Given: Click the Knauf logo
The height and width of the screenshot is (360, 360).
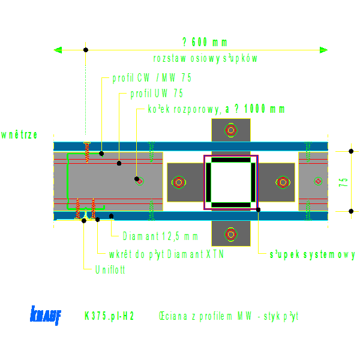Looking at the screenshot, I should click(x=45, y=315).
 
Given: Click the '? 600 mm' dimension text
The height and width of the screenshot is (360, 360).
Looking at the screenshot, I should click(x=205, y=42).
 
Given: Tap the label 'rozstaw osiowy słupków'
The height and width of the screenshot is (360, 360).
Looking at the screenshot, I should click(x=205, y=59).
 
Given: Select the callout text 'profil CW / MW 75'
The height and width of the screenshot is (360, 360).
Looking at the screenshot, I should click(x=152, y=78).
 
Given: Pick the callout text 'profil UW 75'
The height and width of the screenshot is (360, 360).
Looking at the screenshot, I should click(x=157, y=94).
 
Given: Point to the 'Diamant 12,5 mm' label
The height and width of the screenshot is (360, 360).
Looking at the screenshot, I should click(x=160, y=236).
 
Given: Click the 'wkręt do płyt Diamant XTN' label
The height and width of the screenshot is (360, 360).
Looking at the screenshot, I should click(x=166, y=254).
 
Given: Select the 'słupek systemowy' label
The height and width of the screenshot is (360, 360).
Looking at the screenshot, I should click(x=312, y=254).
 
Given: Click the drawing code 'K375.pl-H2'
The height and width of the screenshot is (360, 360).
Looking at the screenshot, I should click(x=109, y=316).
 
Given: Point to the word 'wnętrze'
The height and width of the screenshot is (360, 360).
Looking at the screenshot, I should click(x=20, y=134).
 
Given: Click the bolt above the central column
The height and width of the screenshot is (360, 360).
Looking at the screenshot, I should click(x=231, y=129).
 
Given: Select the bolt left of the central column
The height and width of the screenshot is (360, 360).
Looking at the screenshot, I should click(x=179, y=182).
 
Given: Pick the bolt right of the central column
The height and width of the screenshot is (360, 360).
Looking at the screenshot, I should click(x=283, y=182).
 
